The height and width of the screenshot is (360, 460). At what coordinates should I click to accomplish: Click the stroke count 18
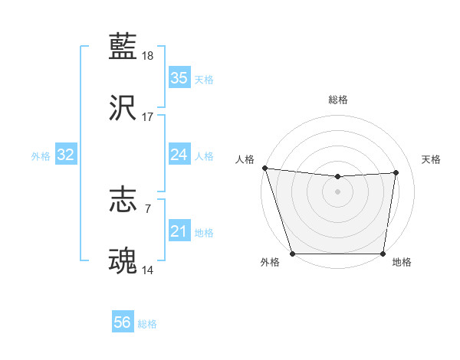click(x=148, y=56)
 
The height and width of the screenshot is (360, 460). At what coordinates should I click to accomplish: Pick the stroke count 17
click(x=148, y=117)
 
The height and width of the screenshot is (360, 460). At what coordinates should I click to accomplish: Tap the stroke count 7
click(x=148, y=208)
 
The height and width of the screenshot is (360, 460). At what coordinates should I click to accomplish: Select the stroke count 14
click(x=148, y=270)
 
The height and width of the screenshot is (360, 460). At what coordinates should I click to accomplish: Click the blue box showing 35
click(x=179, y=77)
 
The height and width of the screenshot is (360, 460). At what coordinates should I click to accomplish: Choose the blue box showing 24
click(x=179, y=155)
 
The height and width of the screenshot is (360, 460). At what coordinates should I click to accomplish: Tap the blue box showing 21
click(x=179, y=231)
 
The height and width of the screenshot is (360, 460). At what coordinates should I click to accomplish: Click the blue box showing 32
click(x=66, y=155)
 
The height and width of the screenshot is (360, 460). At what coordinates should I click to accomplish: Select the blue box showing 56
click(x=123, y=323)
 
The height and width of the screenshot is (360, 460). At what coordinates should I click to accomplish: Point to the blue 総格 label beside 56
click(x=147, y=324)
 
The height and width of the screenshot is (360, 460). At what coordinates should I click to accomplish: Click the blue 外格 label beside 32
click(x=41, y=155)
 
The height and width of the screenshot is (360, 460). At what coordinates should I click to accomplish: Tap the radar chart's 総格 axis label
click(x=338, y=100)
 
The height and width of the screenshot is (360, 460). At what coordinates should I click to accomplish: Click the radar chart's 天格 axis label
click(x=432, y=159)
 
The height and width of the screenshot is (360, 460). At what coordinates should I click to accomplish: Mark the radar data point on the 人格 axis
click(x=264, y=168)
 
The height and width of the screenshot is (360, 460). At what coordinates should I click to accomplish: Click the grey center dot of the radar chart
click(x=338, y=191)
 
